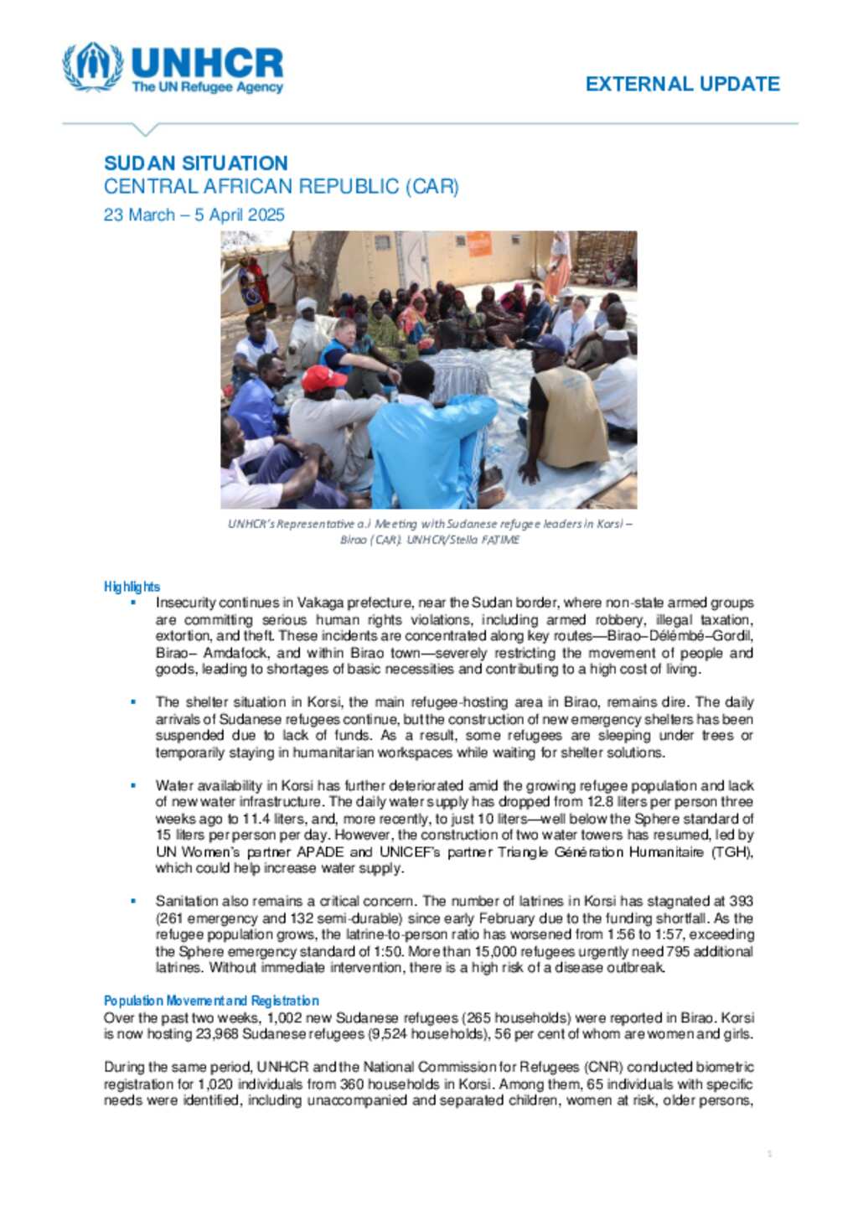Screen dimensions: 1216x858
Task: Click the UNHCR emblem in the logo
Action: (x=92, y=66)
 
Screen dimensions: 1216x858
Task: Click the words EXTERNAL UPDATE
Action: (x=682, y=84)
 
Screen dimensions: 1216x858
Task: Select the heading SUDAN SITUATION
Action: (x=195, y=163)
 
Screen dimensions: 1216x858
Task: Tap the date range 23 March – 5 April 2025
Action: (x=194, y=215)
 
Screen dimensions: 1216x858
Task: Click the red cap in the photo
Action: (x=323, y=377)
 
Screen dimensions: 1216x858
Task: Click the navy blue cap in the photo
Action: (x=546, y=344)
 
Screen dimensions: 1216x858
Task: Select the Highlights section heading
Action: (x=132, y=587)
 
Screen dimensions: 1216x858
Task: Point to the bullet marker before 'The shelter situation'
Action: (x=132, y=701)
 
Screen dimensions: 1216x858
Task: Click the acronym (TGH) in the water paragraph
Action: (x=734, y=852)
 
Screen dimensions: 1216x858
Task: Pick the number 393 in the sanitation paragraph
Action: (x=741, y=901)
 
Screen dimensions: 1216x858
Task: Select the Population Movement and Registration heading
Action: (x=211, y=1001)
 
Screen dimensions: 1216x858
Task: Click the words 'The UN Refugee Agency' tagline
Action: (x=207, y=87)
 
